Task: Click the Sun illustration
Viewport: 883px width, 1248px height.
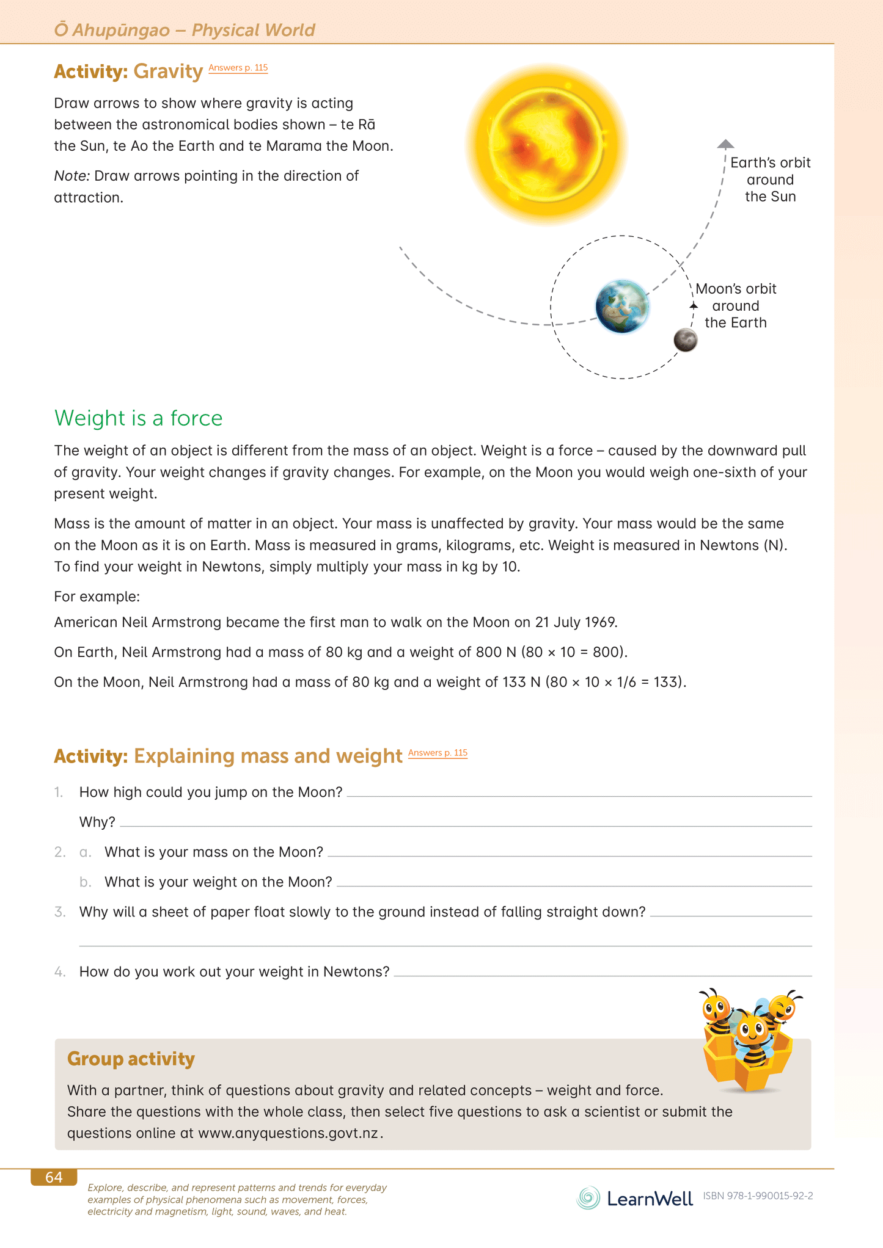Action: [546, 143]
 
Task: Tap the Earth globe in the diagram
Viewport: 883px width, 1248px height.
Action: [622, 307]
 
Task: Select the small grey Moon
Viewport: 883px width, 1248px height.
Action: [685, 340]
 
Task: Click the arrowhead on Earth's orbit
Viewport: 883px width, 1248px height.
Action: [725, 144]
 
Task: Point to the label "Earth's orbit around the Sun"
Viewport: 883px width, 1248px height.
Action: [770, 180]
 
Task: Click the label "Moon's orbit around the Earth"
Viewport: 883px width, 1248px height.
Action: [736, 305]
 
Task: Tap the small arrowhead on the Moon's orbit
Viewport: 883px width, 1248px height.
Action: [694, 305]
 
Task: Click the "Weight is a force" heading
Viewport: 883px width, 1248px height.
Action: [138, 418]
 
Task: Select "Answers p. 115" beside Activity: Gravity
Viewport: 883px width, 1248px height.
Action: [238, 68]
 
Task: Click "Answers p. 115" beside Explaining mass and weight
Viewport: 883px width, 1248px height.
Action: [438, 753]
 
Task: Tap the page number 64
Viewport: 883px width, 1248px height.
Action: [54, 1177]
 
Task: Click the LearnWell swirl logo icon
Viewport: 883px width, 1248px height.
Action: [588, 1198]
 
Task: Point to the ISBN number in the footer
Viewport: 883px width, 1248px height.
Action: [758, 1196]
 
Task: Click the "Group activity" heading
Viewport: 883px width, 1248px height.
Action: [131, 1059]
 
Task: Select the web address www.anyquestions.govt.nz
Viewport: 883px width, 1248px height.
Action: [288, 1133]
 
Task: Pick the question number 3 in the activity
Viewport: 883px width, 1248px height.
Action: [60, 912]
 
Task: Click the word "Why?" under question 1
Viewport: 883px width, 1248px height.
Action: [97, 822]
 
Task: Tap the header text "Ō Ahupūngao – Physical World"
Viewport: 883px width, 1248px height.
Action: [185, 30]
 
